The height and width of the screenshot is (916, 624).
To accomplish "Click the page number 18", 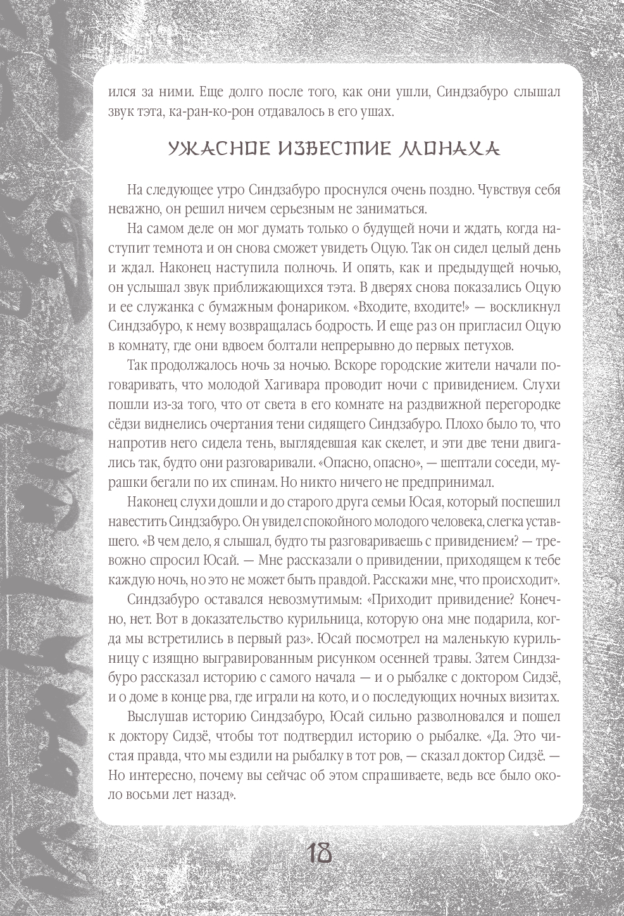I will click(x=320, y=853).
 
